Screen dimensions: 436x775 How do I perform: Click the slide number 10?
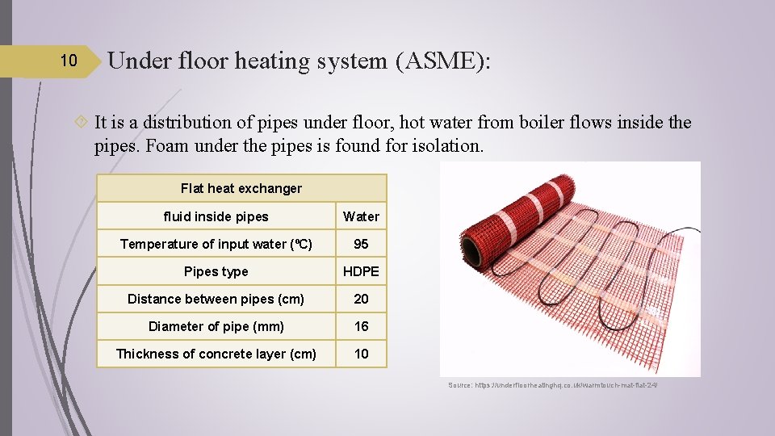69,61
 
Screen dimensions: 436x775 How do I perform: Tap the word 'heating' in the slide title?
272,61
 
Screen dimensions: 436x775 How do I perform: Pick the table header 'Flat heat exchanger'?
241,188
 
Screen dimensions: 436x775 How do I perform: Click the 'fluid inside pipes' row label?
216,216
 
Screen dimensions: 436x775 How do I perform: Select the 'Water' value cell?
361,216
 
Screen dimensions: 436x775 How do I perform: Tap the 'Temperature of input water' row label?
216,244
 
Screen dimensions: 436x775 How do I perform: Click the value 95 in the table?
361,244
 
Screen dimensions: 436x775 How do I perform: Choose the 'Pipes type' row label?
216,271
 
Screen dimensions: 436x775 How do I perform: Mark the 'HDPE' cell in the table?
361,271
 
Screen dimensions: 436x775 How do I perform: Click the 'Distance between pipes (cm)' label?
216,299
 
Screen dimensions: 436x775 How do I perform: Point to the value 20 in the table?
361,299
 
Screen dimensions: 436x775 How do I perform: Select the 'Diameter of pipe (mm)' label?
216,326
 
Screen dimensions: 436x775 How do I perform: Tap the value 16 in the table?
361,326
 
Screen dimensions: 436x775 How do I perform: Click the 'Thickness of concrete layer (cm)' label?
216,354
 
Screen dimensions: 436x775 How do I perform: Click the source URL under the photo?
553,385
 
